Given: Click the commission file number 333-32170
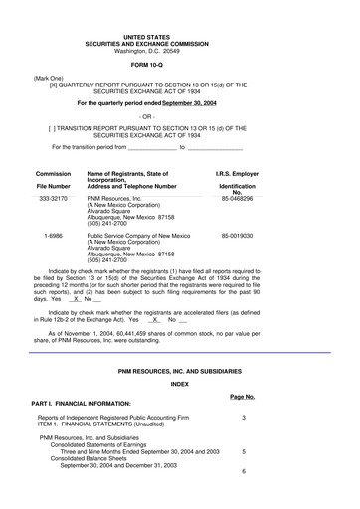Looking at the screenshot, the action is [53, 198].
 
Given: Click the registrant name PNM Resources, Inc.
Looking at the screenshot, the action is [117, 198].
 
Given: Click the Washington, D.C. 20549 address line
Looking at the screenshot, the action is [180, 50].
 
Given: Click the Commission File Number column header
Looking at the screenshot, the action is [54, 179].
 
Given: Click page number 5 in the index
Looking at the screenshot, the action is [243, 450].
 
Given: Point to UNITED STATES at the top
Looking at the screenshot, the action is [180, 35].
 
